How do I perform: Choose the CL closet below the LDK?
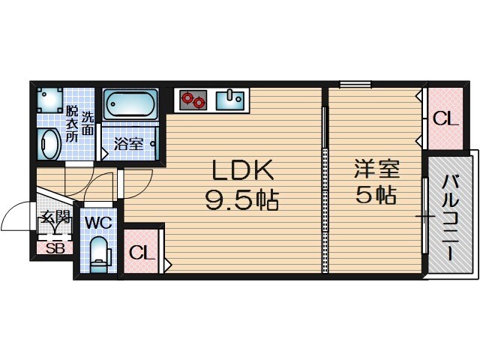(x=141, y=253)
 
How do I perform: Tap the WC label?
(x=97, y=223)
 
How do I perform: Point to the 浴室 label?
(x=128, y=143)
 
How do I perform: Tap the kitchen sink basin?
(x=229, y=99)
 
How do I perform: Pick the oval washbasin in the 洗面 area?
(x=49, y=144)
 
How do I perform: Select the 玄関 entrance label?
(x=55, y=218)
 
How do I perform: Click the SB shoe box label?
(x=55, y=249)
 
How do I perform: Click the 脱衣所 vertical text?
(x=71, y=124)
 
